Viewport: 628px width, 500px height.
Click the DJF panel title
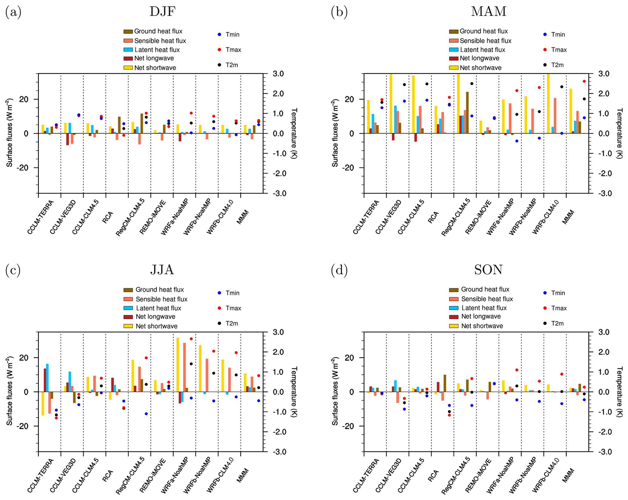162,12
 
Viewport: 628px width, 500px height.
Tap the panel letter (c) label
13,270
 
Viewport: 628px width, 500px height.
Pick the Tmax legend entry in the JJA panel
233,308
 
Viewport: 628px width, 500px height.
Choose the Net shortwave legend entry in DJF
155,68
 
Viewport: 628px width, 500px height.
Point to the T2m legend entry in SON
557,323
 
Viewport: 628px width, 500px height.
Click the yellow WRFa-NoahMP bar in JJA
178,364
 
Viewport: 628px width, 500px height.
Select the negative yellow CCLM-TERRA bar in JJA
43,404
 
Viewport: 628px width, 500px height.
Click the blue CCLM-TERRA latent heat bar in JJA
47,377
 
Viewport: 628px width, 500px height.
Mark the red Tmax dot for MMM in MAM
584,81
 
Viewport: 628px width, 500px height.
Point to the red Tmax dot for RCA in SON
449,415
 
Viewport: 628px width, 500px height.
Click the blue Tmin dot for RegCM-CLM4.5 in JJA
146,414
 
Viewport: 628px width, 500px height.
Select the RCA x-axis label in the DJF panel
108,217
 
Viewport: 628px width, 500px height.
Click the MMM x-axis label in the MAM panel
568,217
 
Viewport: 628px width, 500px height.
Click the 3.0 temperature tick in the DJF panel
278,74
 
